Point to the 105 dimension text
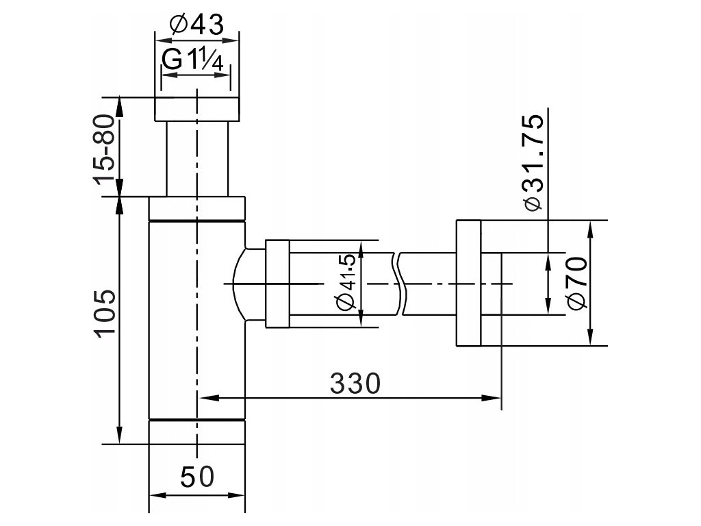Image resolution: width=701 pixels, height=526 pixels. (x=105, y=312)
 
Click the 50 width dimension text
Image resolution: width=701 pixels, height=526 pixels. (x=197, y=477)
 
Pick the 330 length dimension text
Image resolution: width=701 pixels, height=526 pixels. (x=355, y=384)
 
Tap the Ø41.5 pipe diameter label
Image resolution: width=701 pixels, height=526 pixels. (x=346, y=283)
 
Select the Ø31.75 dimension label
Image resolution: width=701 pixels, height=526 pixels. (x=533, y=163)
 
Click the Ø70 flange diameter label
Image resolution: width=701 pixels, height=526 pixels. (x=576, y=283)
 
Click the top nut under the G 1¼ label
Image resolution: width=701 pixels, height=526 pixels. (x=196, y=109)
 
